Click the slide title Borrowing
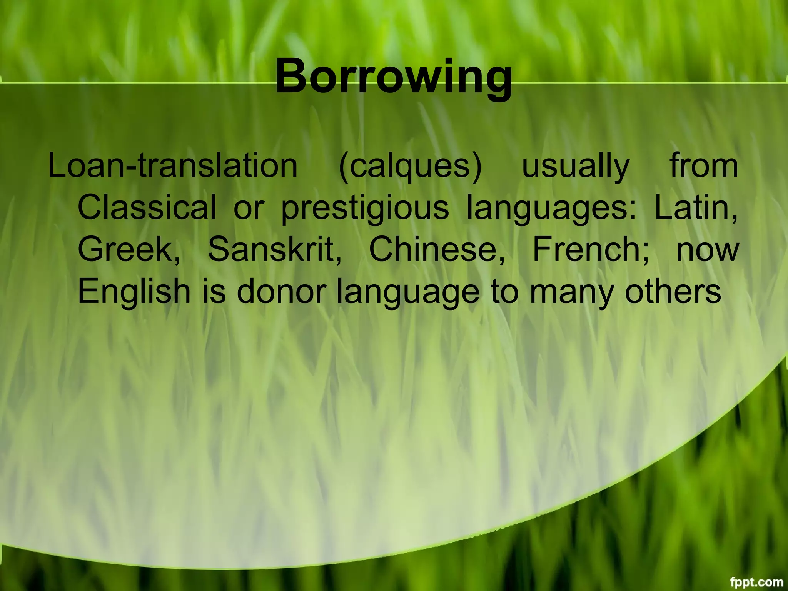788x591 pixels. (x=394, y=77)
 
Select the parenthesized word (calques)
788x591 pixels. (x=410, y=167)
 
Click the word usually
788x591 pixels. (x=576, y=167)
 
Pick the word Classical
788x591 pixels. (x=147, y=207)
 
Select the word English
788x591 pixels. (x=134, y=291)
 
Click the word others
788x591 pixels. (x=673, y=291)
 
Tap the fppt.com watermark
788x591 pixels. (x=756, y=581)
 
